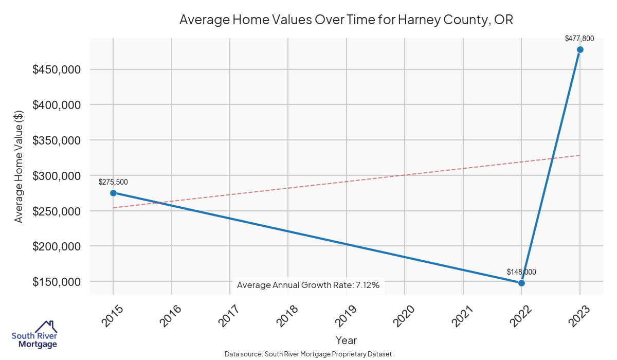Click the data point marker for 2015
click(x=113, y=193)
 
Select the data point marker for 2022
click(x=521, y=283)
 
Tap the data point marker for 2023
click(x=580, y=49)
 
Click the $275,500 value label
click(x=113, y=182)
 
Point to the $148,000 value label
click(x=521, y=272)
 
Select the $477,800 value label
click(x=579, y=38)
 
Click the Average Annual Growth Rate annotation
click(x=308, y=285)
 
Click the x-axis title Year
click(x=346, y=340)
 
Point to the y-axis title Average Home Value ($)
click(x=19, y=166)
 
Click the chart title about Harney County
click(x=346, y=20)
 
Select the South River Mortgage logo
click(x=34, y=335)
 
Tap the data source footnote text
click(x=308, y=354)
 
